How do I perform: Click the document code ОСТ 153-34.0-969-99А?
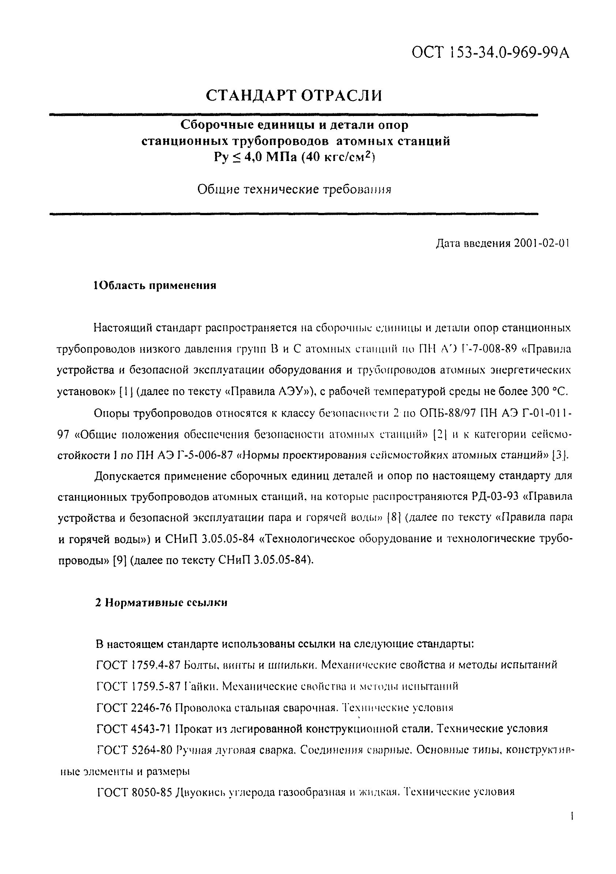(x=491, y=52)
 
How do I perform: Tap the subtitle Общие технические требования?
(x=294, y=189)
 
